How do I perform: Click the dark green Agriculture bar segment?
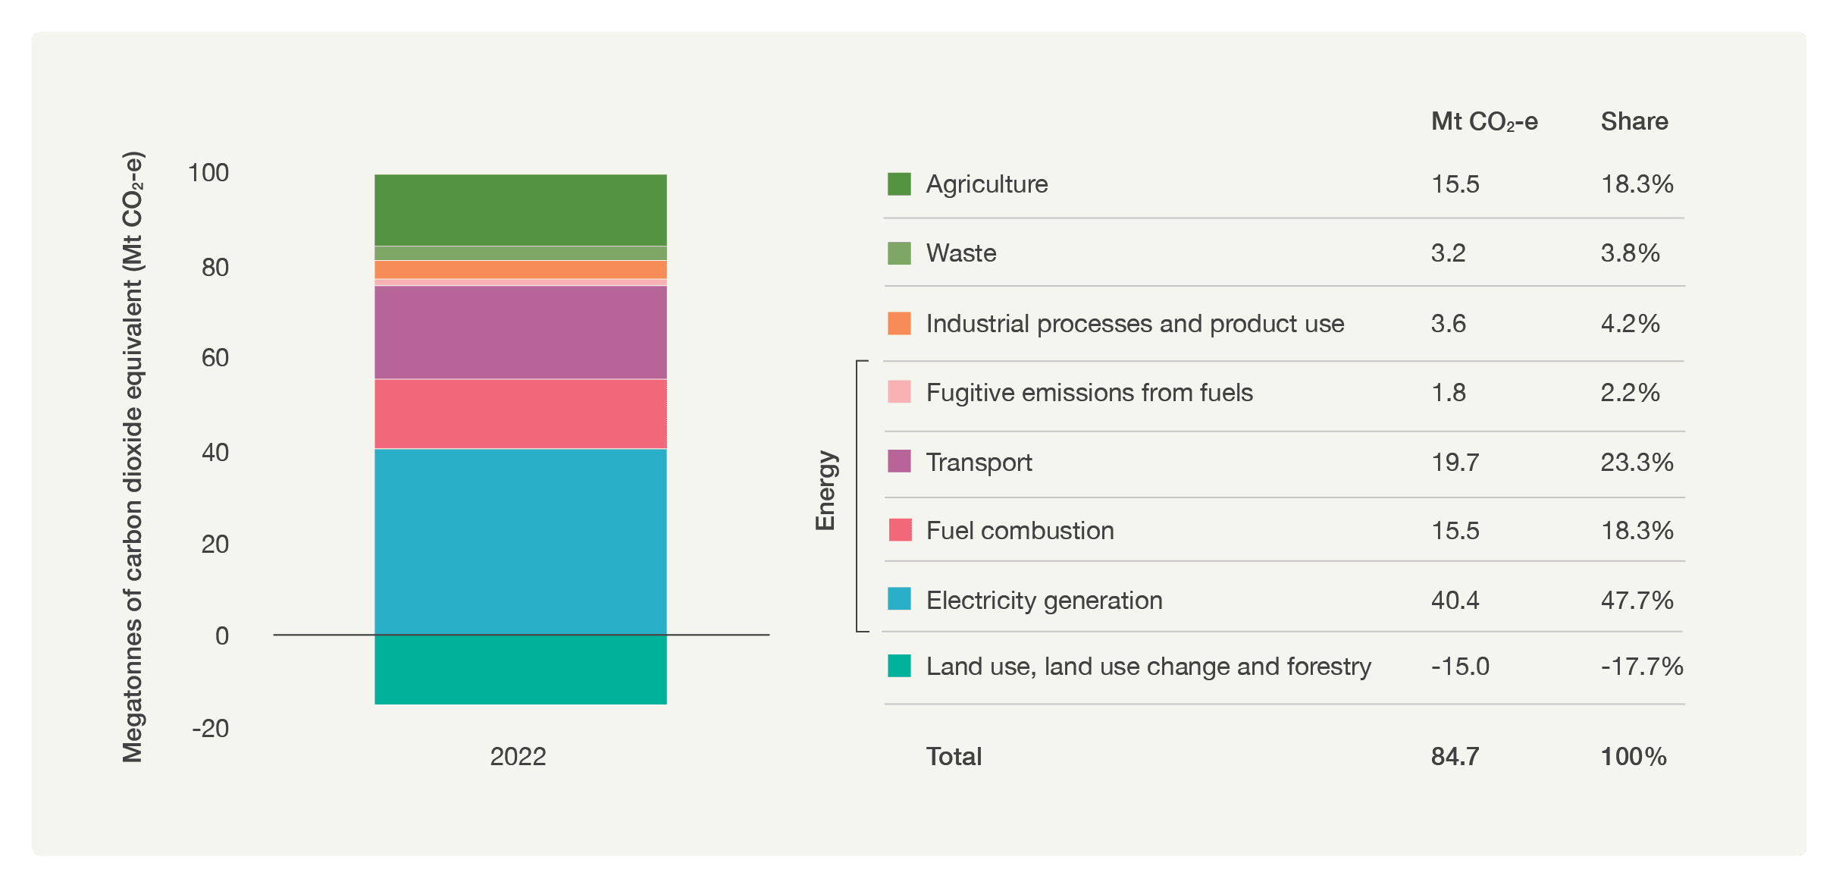tap(520, 210)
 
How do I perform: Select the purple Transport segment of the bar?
tap(520, 332)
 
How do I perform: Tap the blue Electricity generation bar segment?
tap(520, 541)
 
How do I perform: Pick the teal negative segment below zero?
tap(520, 670)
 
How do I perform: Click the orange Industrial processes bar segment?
tap(520, 270)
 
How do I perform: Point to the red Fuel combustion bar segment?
tap(520, 414)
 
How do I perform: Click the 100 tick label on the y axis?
tap(208, 173)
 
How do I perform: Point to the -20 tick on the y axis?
tap(210, 729)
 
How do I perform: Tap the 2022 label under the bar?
tap(518, 756)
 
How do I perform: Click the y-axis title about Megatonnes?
tap(133, 457)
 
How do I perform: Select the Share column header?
tap(1634, 121)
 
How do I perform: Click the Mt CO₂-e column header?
tap(1483, 122)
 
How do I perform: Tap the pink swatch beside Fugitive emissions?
tap(899, 392)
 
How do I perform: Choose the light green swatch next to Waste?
tap(899, 253)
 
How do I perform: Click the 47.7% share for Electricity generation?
tap(1637, 601)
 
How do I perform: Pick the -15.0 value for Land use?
tap(1460, 667)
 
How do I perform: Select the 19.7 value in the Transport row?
tap(1455, 463)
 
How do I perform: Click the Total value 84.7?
tap(1455, 757)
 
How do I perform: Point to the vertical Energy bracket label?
tap(825, 491)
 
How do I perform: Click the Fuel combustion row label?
tap(1020, 531)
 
